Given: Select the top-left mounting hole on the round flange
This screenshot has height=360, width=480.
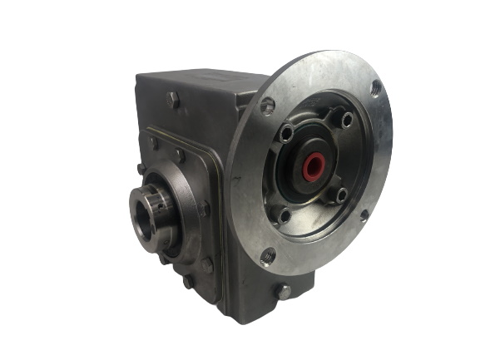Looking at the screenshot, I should [x=268, y=106].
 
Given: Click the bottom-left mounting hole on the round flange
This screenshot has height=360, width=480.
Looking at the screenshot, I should [x=267, y=255].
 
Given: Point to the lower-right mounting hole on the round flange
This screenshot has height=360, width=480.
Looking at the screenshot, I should [x=364, y=217].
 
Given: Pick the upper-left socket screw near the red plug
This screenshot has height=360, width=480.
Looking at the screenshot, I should [x=287, y=133].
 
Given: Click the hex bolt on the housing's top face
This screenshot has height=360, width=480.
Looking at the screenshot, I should [x=173, y=100].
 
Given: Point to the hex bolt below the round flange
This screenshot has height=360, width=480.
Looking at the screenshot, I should [x=285, y=291].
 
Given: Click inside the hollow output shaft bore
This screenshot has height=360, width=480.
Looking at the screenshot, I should [x=143, y=219].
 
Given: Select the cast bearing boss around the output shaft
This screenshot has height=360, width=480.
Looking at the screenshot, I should [x=179, y=208].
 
